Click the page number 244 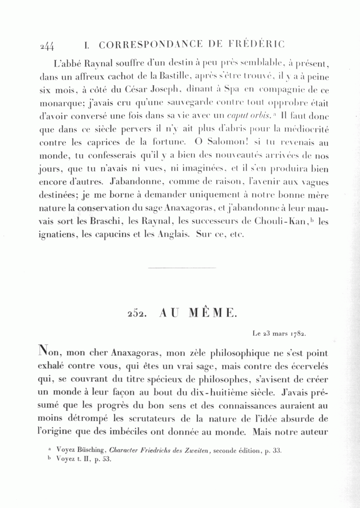tap(47, 46)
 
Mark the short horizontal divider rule tap(182, 268)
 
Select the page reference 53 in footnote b tap(106, 459)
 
